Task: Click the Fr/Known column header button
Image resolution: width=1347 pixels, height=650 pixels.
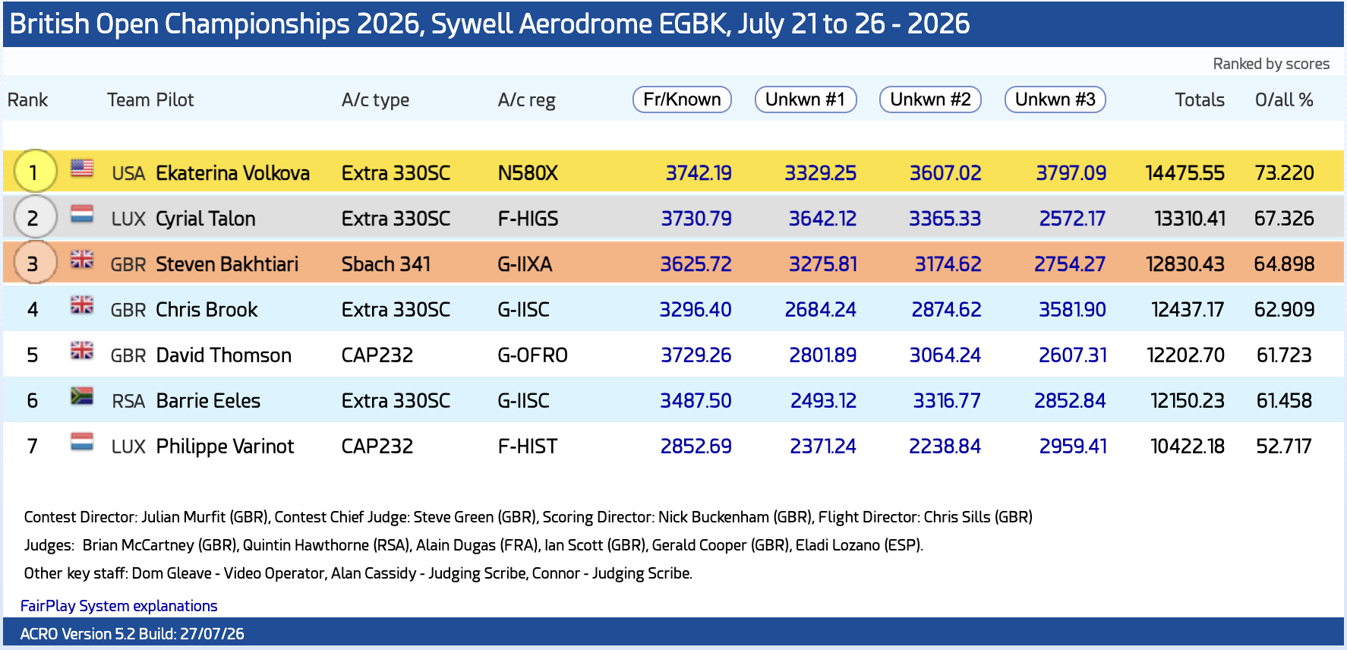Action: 682,99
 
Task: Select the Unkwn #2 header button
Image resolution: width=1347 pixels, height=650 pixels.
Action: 930,99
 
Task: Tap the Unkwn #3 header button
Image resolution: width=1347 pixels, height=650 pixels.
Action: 1055,99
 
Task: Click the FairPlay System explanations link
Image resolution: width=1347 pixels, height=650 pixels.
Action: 119,606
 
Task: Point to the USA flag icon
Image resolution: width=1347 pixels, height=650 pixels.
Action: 82,168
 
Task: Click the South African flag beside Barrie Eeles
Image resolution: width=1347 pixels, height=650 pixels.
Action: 82,396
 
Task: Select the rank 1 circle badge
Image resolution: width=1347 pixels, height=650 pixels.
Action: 33,172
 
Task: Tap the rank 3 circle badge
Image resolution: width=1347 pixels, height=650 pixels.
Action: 33,263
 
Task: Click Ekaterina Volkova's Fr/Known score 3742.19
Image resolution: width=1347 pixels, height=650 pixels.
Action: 699,173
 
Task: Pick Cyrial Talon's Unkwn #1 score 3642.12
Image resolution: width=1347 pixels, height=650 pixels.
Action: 822,219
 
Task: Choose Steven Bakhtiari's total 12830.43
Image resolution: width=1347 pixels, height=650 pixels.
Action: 1185,264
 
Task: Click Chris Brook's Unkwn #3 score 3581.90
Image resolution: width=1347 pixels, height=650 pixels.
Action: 1072,310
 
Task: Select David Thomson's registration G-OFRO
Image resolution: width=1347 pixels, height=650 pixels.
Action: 532,355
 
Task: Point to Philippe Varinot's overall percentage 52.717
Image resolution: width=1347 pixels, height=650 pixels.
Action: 1284,446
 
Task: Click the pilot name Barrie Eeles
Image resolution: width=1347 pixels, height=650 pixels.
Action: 208,401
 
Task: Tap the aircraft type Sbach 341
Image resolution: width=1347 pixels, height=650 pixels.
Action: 386,264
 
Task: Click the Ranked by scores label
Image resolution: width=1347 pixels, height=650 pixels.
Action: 1271,64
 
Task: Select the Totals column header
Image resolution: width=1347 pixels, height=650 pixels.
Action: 1200,99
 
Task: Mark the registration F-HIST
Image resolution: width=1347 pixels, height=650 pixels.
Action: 528,446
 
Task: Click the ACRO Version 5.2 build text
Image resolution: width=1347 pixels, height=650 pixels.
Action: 132,634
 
